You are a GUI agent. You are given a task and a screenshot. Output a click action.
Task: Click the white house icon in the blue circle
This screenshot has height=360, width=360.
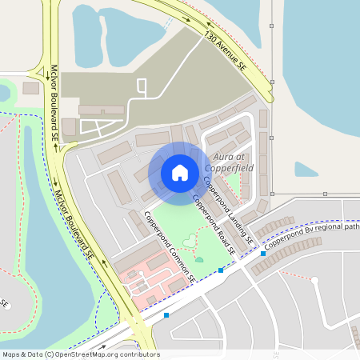pos(180,172)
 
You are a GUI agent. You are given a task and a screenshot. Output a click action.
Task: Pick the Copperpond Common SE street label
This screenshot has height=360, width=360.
pos(170,246)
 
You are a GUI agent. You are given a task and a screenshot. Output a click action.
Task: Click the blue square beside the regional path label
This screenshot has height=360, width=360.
pos(262,254)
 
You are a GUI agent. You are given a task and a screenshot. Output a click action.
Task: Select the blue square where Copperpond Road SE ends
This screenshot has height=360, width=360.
pos(221,270)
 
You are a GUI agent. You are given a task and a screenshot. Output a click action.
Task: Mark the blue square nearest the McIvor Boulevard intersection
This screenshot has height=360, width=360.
pos(166,315)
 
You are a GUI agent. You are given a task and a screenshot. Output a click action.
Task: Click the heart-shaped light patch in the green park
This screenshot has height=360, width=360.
pos(188,239)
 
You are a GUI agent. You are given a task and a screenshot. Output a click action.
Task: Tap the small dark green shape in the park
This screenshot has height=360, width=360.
pos(199,259)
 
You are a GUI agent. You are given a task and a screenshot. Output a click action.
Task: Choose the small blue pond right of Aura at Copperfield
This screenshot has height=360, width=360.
pos(306,170)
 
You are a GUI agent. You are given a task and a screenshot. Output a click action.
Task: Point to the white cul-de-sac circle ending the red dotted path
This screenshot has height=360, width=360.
pos(315,280)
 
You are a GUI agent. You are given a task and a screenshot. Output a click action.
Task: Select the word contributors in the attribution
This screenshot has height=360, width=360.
pos(141,354)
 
